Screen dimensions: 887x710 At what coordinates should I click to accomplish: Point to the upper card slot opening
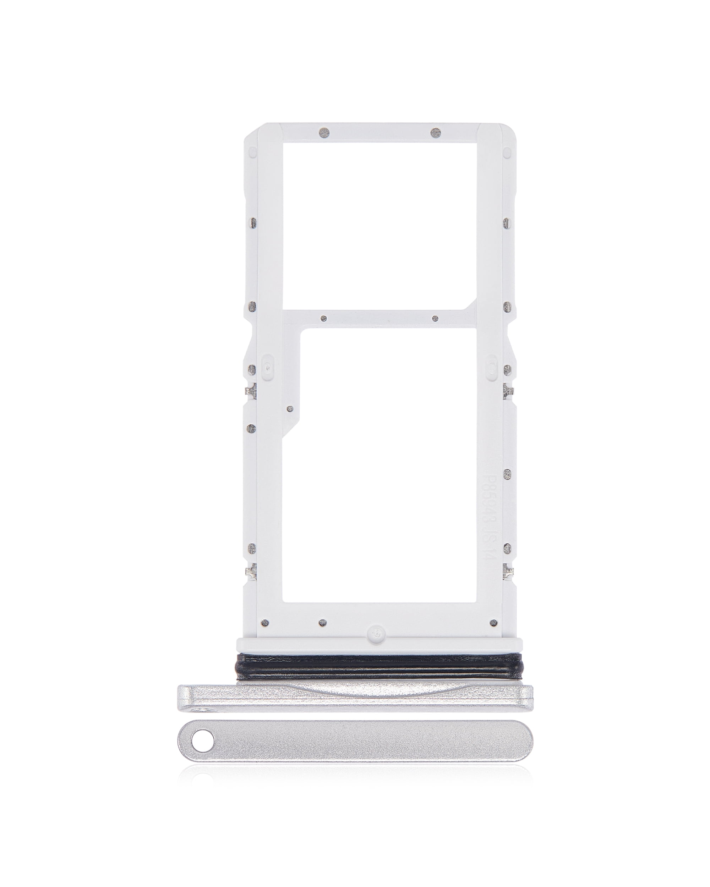tap(379, 225)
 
